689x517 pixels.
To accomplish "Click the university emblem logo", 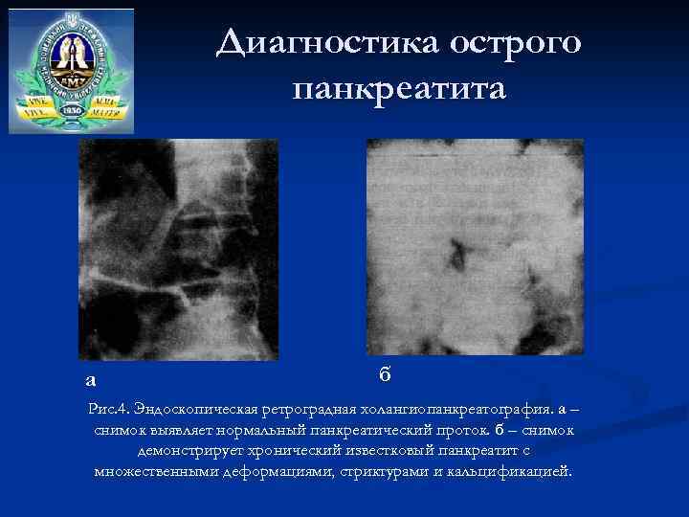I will pos(72,70).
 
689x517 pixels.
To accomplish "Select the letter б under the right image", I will pos(384,372).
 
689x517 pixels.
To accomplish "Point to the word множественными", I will pos(157,471).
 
